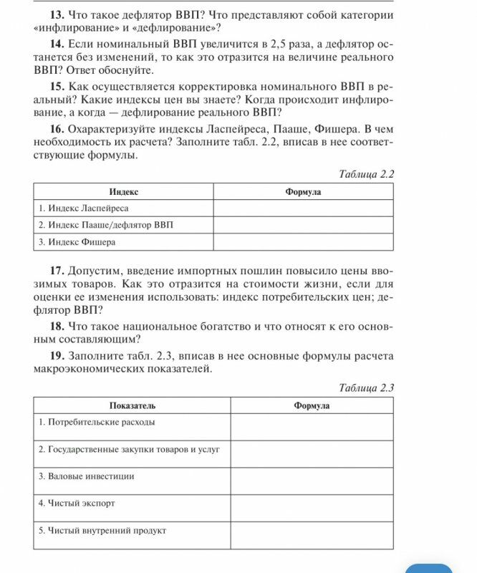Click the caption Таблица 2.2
pos(365,174)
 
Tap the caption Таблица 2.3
pos(365,388)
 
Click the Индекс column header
pos(123,192)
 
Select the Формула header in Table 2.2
pos(303,192)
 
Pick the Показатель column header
pos(132,406)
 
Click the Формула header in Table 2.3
pos(312,406)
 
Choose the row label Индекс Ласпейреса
pos(84,208)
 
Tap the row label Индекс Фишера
pos(77,242)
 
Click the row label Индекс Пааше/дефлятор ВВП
pos(105,225)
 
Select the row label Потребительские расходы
pos(96,422)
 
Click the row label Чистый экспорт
pos(77,504)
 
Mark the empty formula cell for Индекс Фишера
pos(303,242)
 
